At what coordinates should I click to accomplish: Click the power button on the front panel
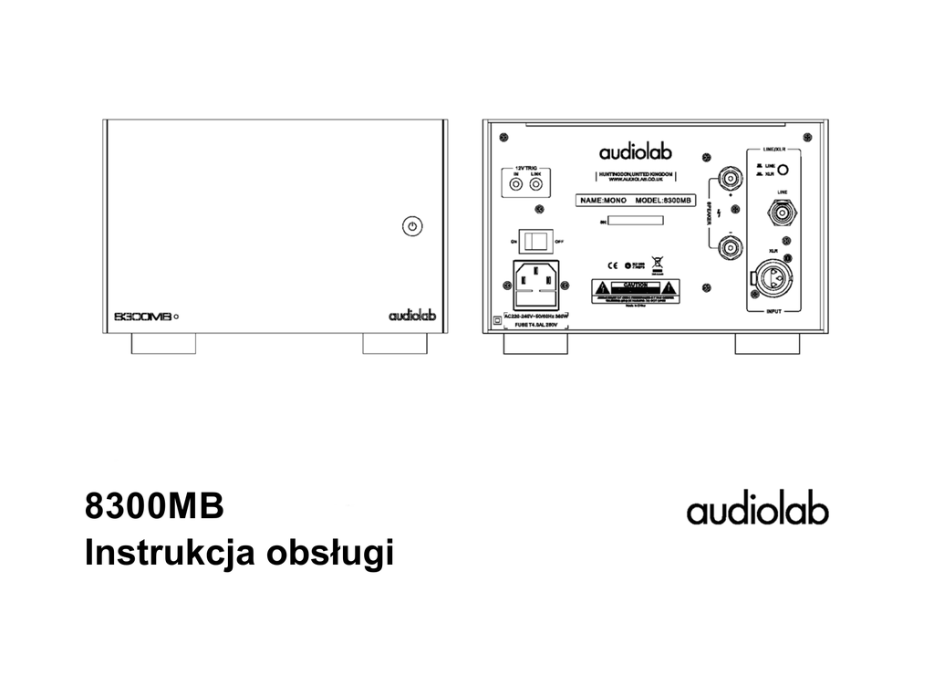coord(412,226)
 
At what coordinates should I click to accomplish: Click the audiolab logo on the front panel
coord(413,316)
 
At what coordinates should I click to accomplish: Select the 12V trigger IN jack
coord(517,185)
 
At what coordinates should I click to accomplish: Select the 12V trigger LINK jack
coord(535,185)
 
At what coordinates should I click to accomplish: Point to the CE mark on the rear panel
coord(614,266)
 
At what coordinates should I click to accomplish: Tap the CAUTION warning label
coord(635,291)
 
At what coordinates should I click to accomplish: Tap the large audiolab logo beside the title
coord(758,511)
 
